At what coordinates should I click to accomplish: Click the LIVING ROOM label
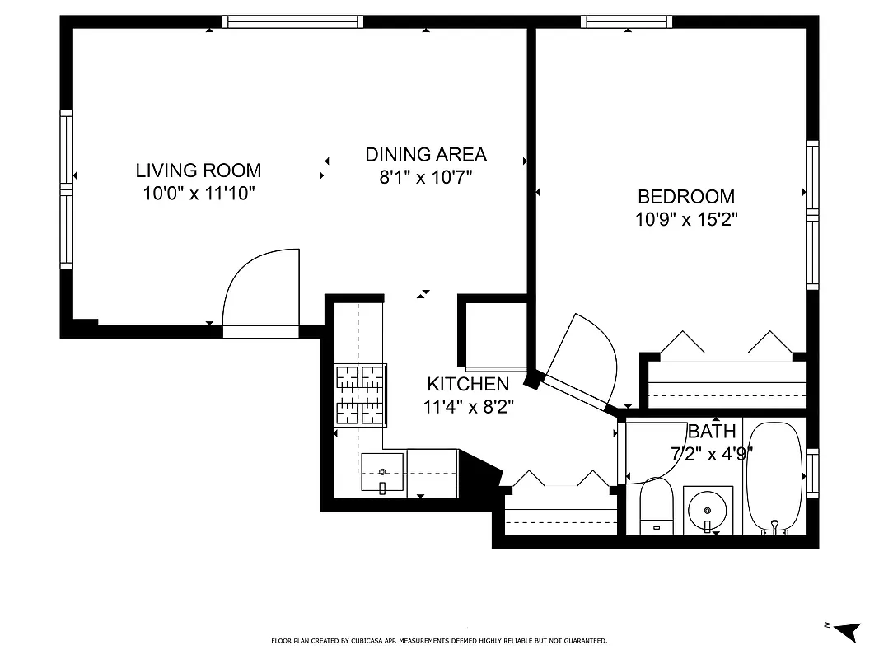pyautogui.click(x=198, y=171)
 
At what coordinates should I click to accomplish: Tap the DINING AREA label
pyautogui.click(x=425, y=154)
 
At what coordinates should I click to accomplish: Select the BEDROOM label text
pyautogui.click(x=685, y=197)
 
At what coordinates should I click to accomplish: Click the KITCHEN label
pyautogui.click(x=467, y=384)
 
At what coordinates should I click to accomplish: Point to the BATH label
pyautogui.click(x=712, y=431)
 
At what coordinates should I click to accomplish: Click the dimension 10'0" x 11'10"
pyautogui.click(x=198, y=194)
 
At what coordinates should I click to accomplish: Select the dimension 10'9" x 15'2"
pyautogui.click(x=685, y=220)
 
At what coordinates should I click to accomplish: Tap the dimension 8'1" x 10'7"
pyautogui.click(x=425, y=177)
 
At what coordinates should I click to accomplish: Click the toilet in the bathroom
pyautogui.click(x=657, y=507)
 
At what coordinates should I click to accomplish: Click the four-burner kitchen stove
pyautogui.click(x=360, y=395)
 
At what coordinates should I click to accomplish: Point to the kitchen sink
pyautogui.click(x=383, y=475)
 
